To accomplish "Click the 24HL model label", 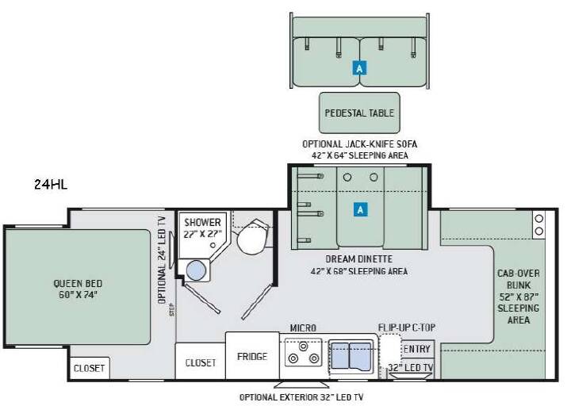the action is (x=51, y=184).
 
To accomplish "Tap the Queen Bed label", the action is (x=78, y=289).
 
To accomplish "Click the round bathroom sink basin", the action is (x=197, y=270).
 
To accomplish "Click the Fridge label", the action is (x=252, y=356).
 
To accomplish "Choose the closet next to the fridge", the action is (x=201, y=362).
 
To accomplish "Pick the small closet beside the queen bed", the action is (x=90, y=368).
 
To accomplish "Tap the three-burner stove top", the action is (x=303, y=352).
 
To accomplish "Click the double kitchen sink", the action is (x=351, y=356).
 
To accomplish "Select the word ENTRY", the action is (x=417, y=349).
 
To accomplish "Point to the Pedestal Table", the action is (x=359, y=113).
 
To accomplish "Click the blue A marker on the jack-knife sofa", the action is (x=360, y=68).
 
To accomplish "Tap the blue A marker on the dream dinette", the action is (x=360, y=209).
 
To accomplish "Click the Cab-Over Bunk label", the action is (x=519, y=297).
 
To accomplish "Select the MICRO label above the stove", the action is (x=303, y=327).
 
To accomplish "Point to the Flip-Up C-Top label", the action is (x=406, y=327).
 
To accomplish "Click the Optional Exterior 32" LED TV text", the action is (x=301, y=397).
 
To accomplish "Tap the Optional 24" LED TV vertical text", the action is (x=162, y=260).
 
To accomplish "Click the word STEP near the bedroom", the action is (x=172, y=310).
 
